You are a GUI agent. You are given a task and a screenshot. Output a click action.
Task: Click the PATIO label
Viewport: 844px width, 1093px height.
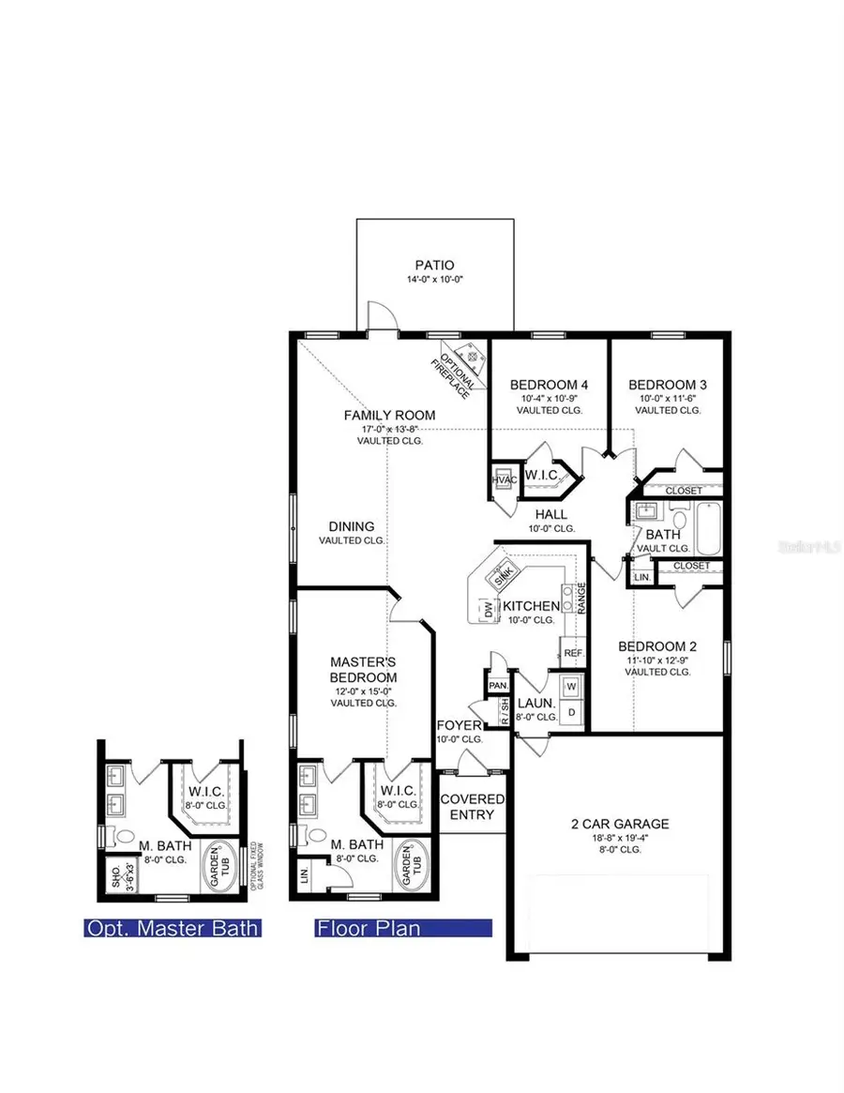[x=434, y=266]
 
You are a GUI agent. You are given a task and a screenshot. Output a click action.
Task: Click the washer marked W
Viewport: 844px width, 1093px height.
[x=571, y=687]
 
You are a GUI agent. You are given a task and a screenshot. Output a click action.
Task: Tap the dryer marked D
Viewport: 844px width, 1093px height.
[x=571, y=713]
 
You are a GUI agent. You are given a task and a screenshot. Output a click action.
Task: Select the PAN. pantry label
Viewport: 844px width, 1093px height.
[x=498, y=686]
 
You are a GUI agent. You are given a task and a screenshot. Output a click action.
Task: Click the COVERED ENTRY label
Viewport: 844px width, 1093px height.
[x=472, y=806]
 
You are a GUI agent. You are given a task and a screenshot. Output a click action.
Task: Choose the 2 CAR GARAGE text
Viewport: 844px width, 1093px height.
[x=621, y=824]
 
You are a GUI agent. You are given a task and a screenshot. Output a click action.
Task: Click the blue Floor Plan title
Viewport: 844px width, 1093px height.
[x=369, y=929]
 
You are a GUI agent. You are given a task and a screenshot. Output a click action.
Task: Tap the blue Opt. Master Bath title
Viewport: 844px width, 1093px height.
[x=173, y=929]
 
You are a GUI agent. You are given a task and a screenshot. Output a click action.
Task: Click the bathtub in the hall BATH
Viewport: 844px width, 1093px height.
[x=705, y=531]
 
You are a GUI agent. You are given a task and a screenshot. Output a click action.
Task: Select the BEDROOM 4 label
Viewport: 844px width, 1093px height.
[x=549, y=385]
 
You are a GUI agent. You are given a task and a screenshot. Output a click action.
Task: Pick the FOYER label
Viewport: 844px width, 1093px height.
[x=460, y=725]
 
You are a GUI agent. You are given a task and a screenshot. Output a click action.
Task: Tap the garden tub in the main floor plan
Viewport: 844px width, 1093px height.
[x=414, y=863]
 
